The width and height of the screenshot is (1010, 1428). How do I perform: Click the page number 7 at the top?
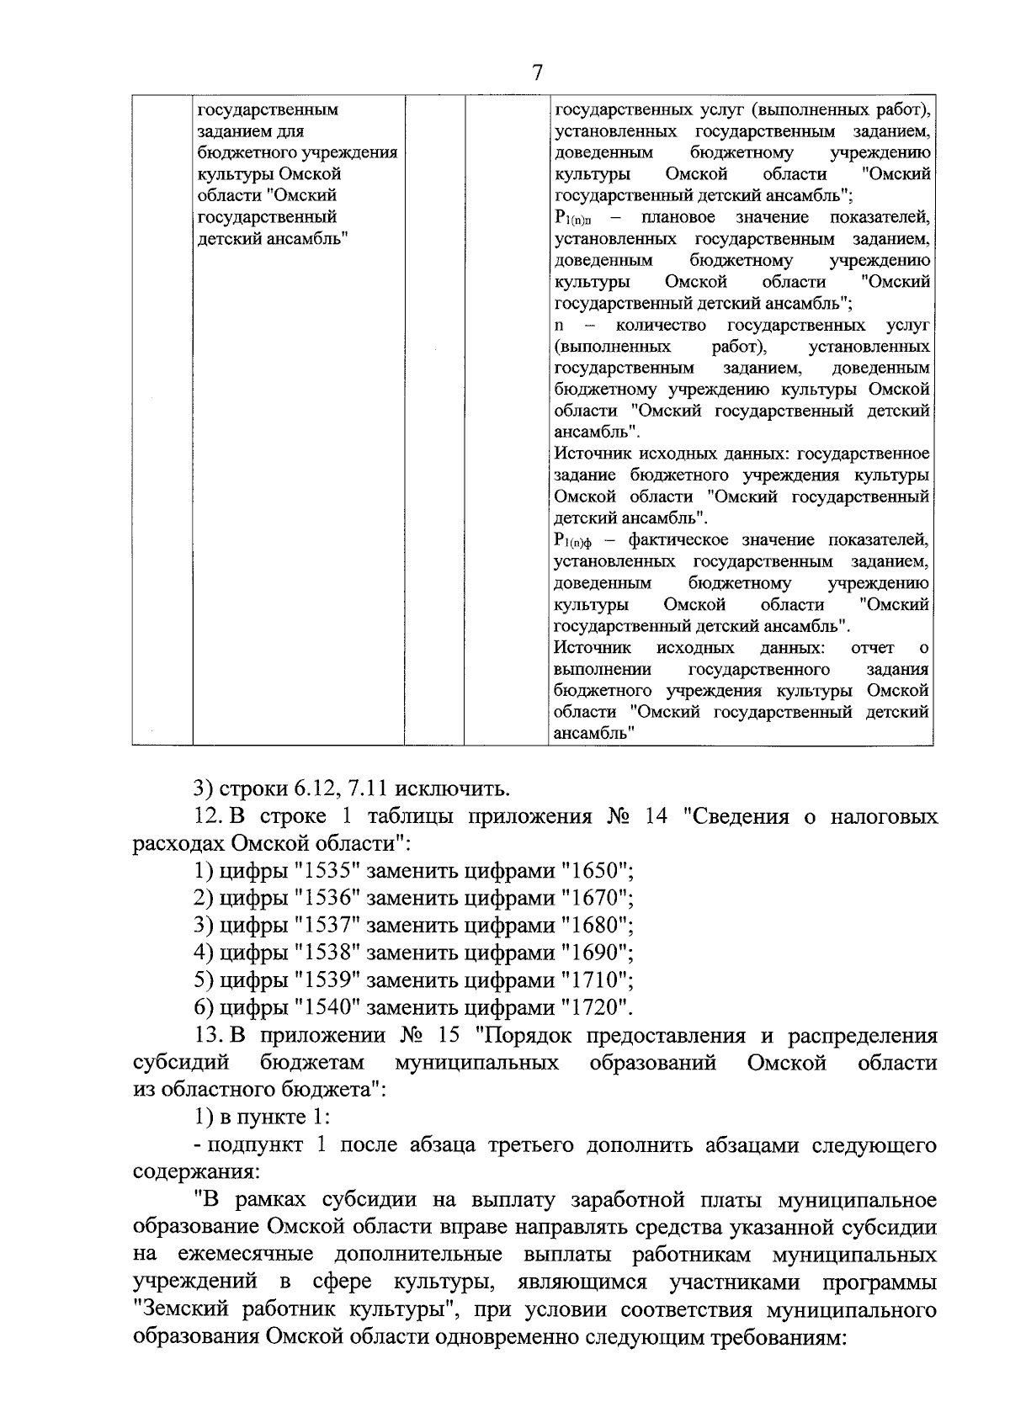coord(537,73)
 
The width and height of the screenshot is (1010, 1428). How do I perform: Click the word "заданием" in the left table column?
coord(232,131)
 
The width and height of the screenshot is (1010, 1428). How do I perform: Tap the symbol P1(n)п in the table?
coord(575,219)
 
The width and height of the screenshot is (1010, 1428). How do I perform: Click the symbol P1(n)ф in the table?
coord(575,541)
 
